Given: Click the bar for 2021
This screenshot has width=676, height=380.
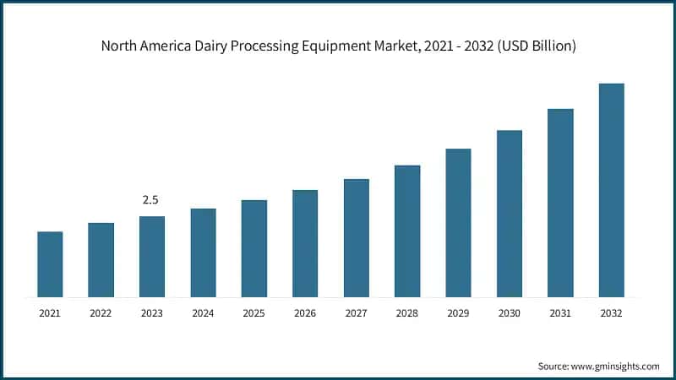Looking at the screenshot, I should point(50,264).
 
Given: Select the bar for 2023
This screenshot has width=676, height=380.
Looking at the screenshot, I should point(152,257).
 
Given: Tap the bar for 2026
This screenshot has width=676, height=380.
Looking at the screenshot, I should point(305,243).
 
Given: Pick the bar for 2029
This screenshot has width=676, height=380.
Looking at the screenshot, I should point(458,223).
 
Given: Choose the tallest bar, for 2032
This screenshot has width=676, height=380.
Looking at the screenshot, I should point(611,190).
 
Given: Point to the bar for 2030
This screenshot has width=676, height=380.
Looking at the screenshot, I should point(509,214).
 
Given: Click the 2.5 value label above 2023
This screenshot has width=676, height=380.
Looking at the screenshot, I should point(150,200).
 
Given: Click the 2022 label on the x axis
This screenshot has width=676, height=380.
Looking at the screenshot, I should point(101,313).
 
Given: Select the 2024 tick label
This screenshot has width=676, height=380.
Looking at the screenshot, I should point(203,313).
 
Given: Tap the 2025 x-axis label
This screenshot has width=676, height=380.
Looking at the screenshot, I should point(253,313).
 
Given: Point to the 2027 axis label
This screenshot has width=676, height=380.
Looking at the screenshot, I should point(356,313).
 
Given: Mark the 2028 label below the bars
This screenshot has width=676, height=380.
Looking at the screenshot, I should point(407,313).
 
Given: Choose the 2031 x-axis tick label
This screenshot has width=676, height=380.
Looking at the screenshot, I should point(559,313).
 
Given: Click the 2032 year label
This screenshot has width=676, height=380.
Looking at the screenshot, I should point(611,313).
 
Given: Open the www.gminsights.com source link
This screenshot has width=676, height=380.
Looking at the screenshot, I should point(616,366).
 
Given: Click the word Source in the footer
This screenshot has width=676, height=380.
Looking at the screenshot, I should point(553,366).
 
